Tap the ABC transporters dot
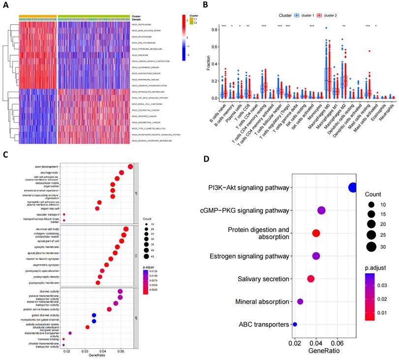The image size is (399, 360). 295,324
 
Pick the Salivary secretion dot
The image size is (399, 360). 311,279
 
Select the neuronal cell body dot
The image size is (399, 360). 126,229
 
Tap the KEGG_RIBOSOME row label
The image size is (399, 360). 141,55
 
